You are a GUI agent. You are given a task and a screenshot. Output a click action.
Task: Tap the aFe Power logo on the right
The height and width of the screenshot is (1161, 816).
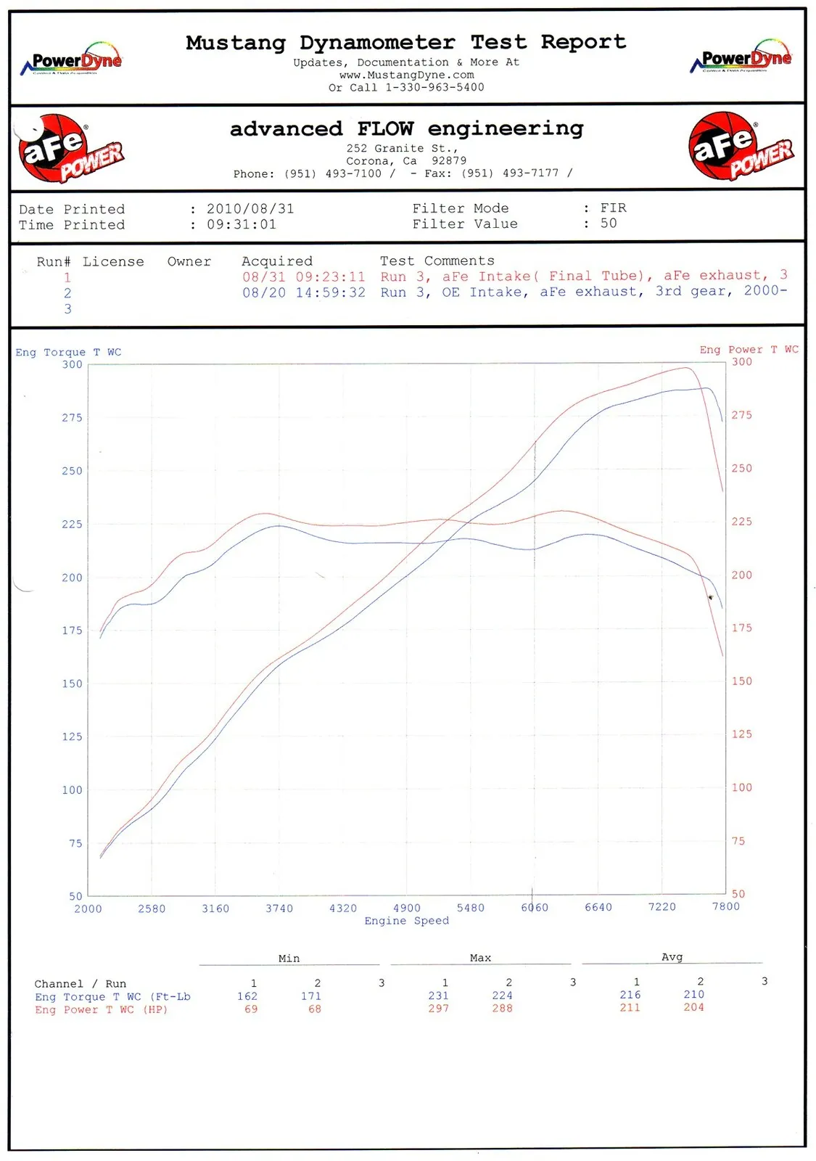[x=740, y=146]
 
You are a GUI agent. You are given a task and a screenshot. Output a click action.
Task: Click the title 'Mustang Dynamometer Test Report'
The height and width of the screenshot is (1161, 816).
[x=405, y=43]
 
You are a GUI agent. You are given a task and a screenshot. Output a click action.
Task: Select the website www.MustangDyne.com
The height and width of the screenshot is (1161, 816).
[x=406, y=75]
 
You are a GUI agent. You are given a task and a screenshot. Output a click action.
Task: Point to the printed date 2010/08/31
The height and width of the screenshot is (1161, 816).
[x=250, y=209]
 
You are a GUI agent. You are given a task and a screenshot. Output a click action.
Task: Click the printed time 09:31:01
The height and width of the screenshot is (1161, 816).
[x=242, y=225]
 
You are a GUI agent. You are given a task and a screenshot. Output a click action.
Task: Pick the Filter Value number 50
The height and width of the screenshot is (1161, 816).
[x=609, y=223]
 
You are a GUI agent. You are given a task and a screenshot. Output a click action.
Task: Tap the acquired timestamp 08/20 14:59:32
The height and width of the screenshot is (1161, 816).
[x=303, y=292]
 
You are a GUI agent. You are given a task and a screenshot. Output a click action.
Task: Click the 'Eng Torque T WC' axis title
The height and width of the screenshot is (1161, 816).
[x=68, y=353]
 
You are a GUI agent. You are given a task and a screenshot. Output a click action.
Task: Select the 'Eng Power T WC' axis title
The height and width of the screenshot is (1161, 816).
[x=749, y=350]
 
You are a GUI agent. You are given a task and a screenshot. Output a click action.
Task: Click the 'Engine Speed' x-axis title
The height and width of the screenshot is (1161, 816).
[x=406, y=921]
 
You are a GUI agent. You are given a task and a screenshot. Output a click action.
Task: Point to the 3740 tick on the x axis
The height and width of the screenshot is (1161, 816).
[x=279, y=908]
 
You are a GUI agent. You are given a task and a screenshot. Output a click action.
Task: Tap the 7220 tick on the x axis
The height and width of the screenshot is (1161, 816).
[x=662, y=907]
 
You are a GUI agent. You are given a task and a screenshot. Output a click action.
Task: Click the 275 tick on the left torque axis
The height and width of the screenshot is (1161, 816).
[x=72, y=418]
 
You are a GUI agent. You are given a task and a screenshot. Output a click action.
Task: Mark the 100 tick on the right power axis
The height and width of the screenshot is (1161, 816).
[x=741, y=787]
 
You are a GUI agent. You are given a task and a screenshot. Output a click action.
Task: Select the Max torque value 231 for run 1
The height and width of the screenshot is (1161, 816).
[x=438, y=996]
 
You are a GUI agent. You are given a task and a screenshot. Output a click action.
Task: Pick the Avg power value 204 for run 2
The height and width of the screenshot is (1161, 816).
[x=693, y=1007]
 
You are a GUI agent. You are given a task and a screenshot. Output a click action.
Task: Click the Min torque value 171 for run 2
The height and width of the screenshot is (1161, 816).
[x=311, y=996]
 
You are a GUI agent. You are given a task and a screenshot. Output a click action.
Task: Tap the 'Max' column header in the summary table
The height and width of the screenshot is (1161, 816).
[x=480, y=958]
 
